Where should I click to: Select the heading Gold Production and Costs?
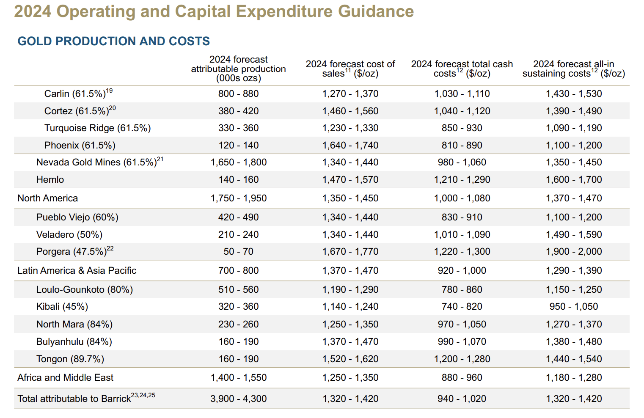click(x=113, y=41)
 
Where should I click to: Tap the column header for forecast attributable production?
click(x=238, y=69)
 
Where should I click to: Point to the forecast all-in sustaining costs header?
click(x=573, y=69)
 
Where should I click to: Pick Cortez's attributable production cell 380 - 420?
click(x=238, y=111)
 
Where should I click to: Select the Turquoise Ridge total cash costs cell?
click(x=462, y=128)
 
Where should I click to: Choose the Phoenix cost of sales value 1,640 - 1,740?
click(x=350, y=145)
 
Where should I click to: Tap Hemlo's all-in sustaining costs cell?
click(x=573, y=179)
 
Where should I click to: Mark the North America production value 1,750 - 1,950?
click(x=238, y=198)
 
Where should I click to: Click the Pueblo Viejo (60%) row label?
click(x=77, y=217)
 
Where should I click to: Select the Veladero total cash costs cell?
click(x=462, y=234)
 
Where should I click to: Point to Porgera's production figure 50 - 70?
click(x=238, y=251)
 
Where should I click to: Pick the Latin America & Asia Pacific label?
click(x=77, y=270)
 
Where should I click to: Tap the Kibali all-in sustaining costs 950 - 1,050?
click(x=573, y=306)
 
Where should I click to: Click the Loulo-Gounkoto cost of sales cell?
click(x=350, y=289)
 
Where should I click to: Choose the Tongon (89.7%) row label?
click(x=70, y=359)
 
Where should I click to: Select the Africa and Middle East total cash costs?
click(x=462, y=377)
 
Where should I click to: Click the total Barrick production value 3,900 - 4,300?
click(x=238, y=399)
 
